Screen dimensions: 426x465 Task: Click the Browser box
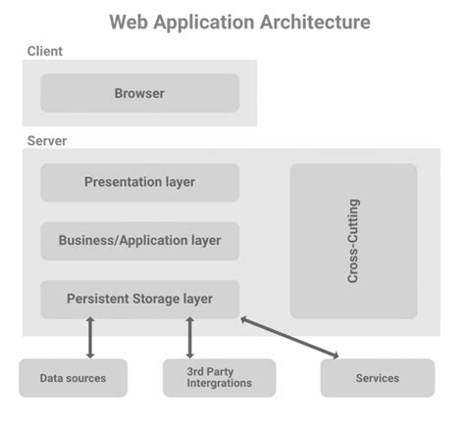point(139,94)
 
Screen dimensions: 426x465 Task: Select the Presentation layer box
point(139,182)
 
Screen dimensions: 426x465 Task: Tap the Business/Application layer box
point(139,240)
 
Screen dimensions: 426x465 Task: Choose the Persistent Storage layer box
point(139,299)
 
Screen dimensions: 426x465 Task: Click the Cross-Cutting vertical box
point(353,241)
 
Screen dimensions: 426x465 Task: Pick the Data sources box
point(73,378)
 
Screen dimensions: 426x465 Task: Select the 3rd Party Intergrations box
point(219,378)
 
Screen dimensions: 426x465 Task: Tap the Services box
point(377,378)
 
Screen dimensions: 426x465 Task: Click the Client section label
point(46,51)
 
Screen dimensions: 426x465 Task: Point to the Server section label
point(47,141)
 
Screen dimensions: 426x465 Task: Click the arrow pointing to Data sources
point(90,338)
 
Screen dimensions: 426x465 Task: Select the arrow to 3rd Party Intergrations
point(189,338)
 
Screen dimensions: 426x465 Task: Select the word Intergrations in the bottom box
point(220,384)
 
